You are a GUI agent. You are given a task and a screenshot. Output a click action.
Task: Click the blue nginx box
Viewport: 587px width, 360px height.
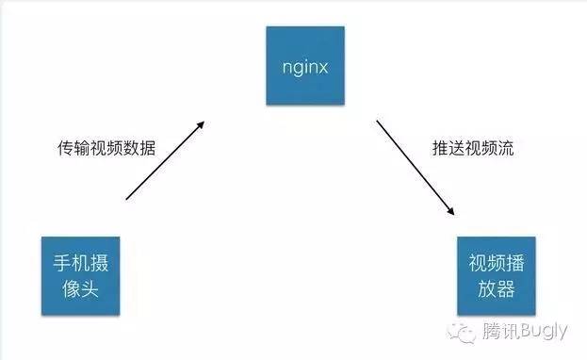pyautogui.click(x=304, y=65)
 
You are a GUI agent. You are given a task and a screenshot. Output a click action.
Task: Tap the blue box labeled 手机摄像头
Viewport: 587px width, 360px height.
pyautogui.click(x=80, y=275)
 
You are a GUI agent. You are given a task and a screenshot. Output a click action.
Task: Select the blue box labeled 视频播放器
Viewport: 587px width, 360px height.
pyautogui.click(x=492, y=275)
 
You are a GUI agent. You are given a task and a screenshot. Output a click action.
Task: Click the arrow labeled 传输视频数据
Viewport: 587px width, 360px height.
pyautogui.click(x=166, y=160)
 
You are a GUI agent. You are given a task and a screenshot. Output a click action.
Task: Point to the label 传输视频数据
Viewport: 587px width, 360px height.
pyautogui.click(x=106, y=148)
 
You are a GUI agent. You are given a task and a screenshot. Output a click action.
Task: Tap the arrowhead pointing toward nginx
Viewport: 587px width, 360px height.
pyautogui.click(x=203, y=123)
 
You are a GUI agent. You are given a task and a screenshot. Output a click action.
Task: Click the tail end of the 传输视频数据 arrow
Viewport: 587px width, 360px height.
pyautogui.click(x=126, y=199)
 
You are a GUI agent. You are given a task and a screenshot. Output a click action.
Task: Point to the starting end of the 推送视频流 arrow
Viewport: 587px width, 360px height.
pyautogui.click(x=379, y=120)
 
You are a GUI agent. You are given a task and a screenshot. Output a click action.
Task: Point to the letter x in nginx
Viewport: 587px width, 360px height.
pyautogui.click(x=324, y=65)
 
